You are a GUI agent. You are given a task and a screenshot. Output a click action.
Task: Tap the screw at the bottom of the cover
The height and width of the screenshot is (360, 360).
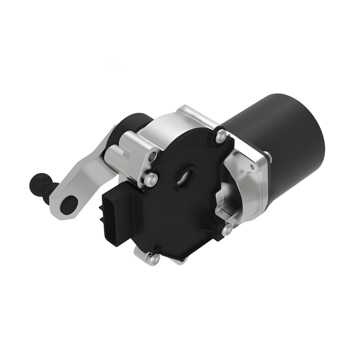coord(154,259)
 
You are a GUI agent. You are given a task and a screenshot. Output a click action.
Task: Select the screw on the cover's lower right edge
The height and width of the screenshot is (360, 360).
coord(227,230)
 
